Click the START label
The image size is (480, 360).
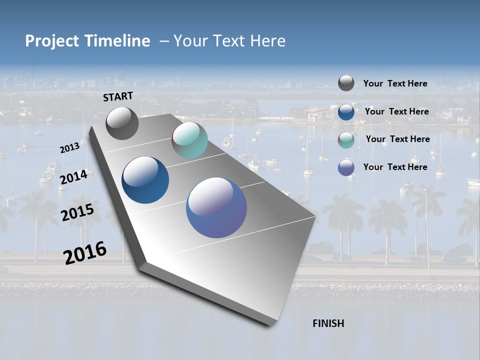coord(118,96)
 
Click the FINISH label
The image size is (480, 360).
coord(328,323)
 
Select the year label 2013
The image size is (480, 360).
coord(69,148)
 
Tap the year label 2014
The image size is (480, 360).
coord(73,177)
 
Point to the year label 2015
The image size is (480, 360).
coord(77,212)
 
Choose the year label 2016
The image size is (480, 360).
coord(85,252)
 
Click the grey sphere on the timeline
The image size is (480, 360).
coord(122,123)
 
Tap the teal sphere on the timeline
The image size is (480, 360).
coord(189,140)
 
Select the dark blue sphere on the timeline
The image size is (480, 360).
coord(145,180)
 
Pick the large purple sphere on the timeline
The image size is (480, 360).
coord(216,207)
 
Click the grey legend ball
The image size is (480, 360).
coord(346,83)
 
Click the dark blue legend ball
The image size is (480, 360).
coord(346,111)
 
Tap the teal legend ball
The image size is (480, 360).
coord(346,139)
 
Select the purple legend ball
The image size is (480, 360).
coord(346,167)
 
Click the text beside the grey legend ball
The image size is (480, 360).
coord(395,83)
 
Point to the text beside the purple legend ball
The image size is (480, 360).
coord(395,167)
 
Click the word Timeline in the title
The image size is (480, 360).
coord(117,41)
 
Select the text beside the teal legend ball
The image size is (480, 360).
coord(397,139)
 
